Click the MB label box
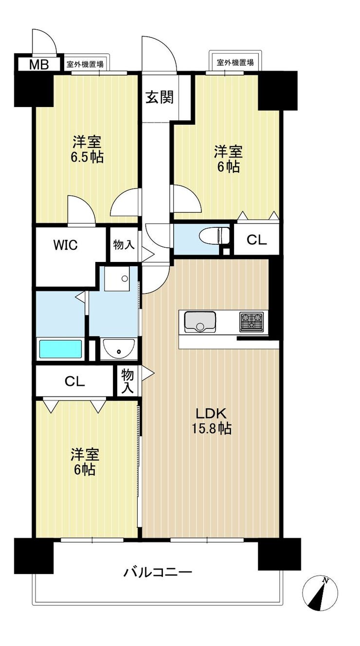coord(39,65)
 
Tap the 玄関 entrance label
coord(159,97)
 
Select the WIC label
coord(66,245)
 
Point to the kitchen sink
coord(200,321)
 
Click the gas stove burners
coord(252,321)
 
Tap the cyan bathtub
coord(60,349)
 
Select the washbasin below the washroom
coord(119,349)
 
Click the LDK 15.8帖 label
coord(212,422)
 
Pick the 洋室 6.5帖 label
coord(87,149)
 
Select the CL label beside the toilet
coord(257,240)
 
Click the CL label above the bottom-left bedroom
coord(74,382)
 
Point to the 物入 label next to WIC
coord(124,245)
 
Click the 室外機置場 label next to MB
coord(85,64)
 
